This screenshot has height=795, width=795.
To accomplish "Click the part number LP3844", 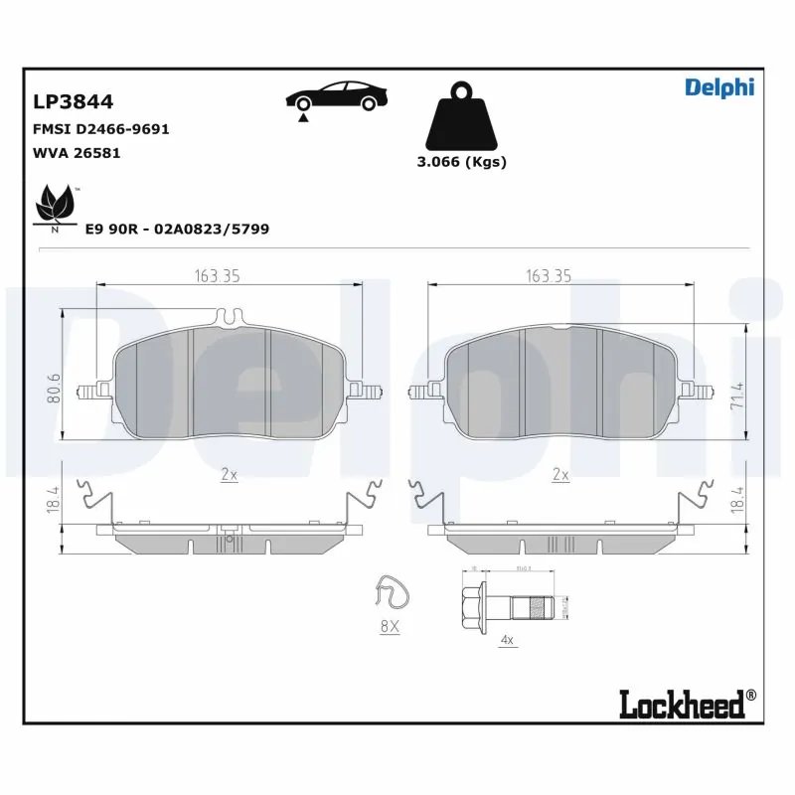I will tap(74, 102).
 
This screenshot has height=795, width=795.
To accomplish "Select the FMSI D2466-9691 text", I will tap(101, 130).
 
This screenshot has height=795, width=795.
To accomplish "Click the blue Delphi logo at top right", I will tap(719, 87).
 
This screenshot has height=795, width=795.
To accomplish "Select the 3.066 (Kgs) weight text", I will tap(461, 162).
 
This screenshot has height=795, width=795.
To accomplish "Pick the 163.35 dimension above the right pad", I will tap(548, 277).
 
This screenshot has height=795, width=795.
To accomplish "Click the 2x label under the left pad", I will tap(229, 475).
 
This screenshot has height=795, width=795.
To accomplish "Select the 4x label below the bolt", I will tap(507, 641).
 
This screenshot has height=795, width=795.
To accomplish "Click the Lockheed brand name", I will tap(682, 705).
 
